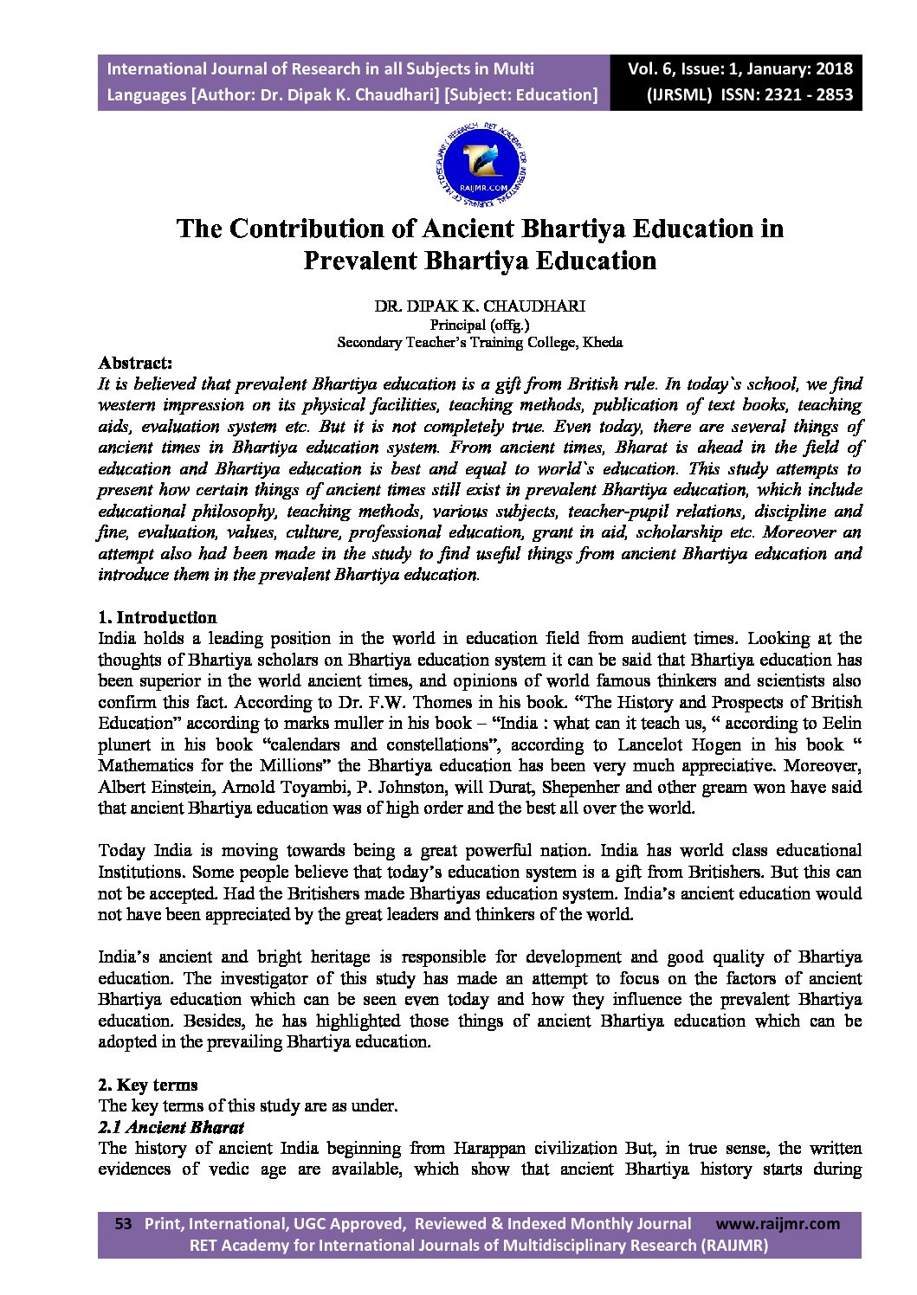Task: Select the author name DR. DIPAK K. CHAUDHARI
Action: pos(479,307)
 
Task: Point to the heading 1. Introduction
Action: pos(158,617)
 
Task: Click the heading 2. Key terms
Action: pos(148,1085)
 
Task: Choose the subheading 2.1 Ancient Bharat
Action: pos(171,1127)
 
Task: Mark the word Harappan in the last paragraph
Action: pos(490,1149)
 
